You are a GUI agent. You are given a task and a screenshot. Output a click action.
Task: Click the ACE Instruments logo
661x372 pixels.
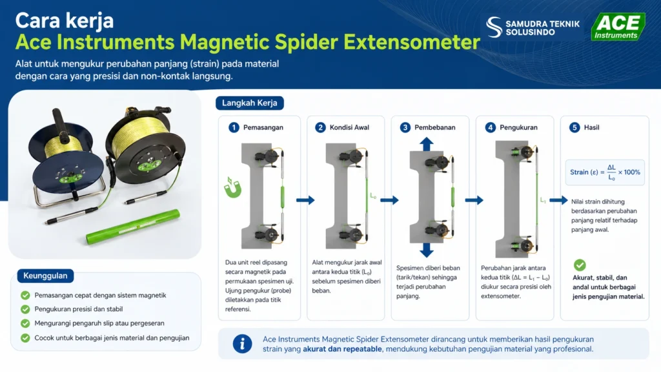(618, 26)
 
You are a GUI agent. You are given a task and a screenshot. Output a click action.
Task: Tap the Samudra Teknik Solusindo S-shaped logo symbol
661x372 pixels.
(494, 27)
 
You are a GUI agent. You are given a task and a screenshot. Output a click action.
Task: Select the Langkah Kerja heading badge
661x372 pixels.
(250, 103)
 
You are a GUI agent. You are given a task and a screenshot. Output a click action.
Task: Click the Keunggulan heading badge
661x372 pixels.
(46, 276)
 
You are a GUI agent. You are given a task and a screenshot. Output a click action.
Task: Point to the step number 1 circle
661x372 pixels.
(234, 127)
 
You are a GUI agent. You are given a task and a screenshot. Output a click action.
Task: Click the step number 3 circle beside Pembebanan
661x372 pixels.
(405, 127)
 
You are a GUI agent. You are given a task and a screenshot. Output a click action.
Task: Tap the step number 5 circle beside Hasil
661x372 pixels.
(575, 127)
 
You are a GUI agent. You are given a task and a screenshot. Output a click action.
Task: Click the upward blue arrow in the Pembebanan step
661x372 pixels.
(426, 144)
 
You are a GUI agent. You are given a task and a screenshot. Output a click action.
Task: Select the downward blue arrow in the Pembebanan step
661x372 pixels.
(426, 250)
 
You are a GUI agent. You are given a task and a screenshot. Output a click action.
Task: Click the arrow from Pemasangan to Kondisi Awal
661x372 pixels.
(305, 200)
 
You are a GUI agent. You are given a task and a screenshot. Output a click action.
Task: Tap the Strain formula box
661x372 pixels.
(605, 172)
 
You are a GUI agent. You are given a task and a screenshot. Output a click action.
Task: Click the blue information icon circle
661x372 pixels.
(243, 344)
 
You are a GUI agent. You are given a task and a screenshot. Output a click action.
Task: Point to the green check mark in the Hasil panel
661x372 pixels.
(580, 265)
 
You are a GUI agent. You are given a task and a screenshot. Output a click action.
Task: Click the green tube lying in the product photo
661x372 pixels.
(133, 227)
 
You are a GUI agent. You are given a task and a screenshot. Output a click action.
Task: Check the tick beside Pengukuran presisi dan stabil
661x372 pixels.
(25, 309)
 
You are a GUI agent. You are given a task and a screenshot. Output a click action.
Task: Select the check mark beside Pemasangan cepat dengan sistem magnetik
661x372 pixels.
(25, 295)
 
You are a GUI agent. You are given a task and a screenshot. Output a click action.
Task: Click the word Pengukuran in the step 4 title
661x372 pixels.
(518, 127)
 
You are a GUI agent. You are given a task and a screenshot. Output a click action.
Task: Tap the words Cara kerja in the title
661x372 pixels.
(65, 20)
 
